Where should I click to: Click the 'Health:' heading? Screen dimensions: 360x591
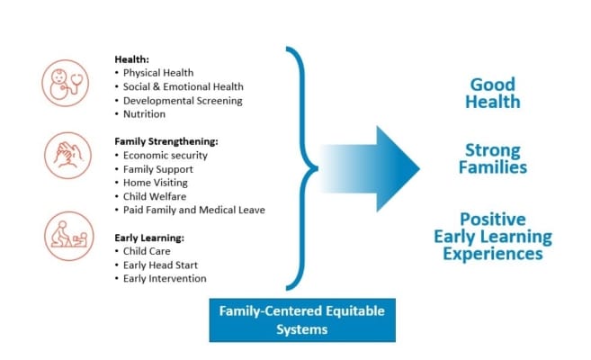[x=132, y=58]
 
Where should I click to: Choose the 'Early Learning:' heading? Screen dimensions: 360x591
[x=149, y=238]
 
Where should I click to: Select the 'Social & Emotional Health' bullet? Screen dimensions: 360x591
[x=183, y=86]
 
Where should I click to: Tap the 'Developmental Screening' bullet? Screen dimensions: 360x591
[x=183, y=101]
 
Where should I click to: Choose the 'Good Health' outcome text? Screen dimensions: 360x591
[x=492, y=92]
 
